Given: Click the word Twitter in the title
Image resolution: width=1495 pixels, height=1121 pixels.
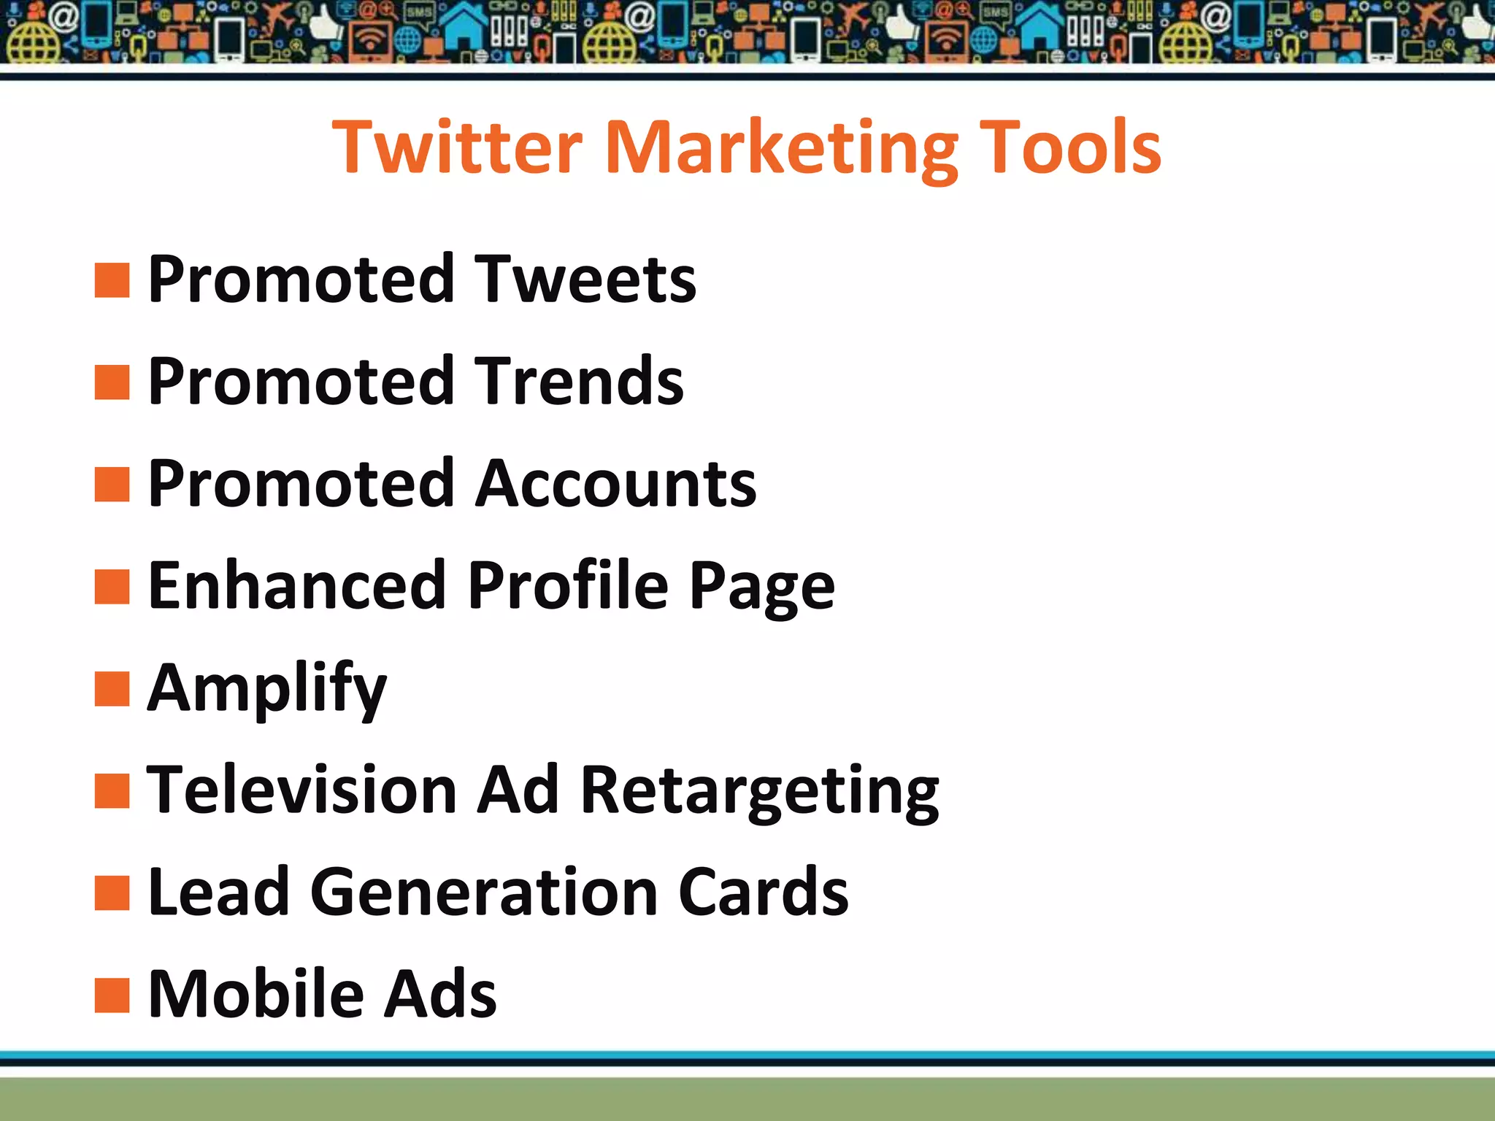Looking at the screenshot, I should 458,147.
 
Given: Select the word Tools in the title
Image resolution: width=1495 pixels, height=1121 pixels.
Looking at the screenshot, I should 1069,147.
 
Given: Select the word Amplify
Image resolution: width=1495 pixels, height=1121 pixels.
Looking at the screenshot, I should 266,689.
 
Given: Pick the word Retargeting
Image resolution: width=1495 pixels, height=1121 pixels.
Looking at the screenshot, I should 759,791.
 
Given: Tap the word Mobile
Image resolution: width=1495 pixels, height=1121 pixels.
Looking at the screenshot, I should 255,994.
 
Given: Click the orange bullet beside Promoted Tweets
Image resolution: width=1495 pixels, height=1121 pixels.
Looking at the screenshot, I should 112,281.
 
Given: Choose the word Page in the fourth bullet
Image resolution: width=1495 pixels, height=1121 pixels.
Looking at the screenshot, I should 761,587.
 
